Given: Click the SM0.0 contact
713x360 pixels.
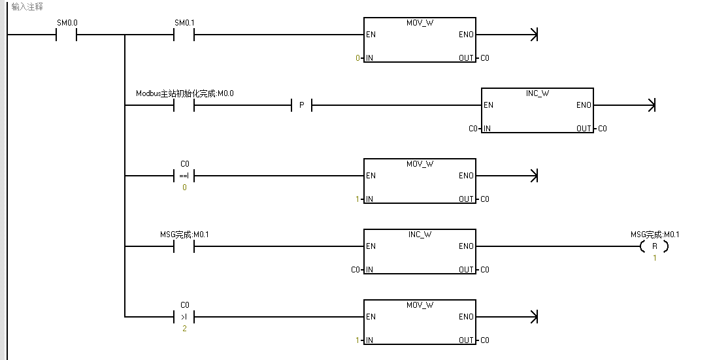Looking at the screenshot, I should point(67,35).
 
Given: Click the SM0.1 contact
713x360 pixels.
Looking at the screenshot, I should point(184,35).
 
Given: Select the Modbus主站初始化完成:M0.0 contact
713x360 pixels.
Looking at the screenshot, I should point(184,105).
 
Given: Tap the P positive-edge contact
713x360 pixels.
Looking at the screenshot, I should point(301,105).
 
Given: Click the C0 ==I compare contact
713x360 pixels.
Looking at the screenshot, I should point(184,176).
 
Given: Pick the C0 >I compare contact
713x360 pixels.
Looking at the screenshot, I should point(184,317).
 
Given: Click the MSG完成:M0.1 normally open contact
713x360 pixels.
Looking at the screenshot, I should point(184,246).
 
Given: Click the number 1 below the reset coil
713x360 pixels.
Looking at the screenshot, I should point(655,258).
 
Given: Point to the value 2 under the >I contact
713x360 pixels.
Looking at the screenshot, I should point(184,329).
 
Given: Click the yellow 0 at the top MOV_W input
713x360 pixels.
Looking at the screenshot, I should point(357,58).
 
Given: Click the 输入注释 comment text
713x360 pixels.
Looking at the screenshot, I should point(27,7).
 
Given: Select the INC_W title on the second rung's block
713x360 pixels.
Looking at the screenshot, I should point(537,93).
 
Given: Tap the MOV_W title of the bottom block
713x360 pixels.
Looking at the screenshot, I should point(420,305).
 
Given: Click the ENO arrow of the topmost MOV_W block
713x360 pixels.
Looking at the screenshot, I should point(534,35).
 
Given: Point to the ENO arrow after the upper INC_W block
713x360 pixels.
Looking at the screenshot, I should point(651,105).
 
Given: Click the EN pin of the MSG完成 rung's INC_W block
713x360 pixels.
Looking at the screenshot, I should point(371,246).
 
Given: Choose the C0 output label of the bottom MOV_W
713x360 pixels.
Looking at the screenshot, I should point(484,340).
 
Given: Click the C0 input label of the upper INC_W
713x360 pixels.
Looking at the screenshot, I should point(473,129).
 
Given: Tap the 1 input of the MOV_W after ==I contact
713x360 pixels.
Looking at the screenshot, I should point(357,199).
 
